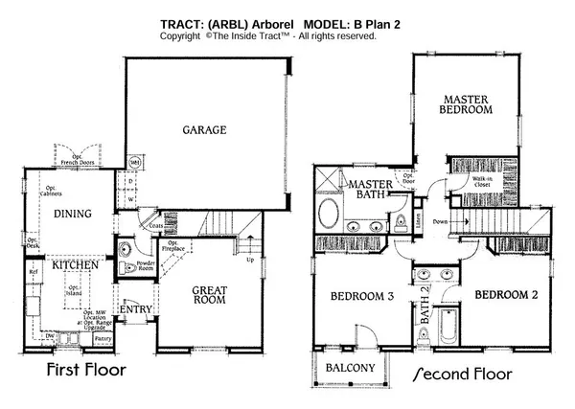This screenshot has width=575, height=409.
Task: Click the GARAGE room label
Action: (x=206, y=129)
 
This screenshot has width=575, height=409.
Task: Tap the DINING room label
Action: (x=71, y=214)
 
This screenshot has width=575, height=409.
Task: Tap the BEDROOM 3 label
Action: (x=356, y=295)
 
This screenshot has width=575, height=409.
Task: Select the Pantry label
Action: (x=103, y=338)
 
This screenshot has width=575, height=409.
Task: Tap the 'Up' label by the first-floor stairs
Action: (x=251, y=260)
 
